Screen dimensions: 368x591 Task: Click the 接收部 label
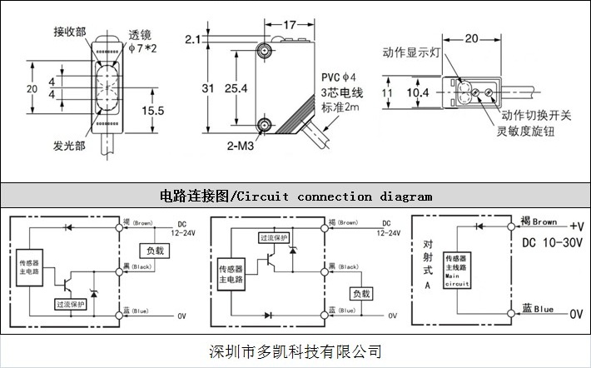[x=70, y=32]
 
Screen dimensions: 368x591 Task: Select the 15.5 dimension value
[x=152, y=110]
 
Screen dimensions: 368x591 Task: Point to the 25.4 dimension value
[x=236, y=87]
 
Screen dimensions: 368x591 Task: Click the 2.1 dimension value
[x=193, y=39]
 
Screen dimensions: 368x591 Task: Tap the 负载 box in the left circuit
[x=156, y=250]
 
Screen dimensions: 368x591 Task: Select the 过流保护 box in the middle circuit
[x=275, y=238]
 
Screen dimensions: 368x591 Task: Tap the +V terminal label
[x=577, y=226]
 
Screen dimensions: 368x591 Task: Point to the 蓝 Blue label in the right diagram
[x=538, y=309]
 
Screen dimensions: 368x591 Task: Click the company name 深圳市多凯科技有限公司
[x=295, y=351]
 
